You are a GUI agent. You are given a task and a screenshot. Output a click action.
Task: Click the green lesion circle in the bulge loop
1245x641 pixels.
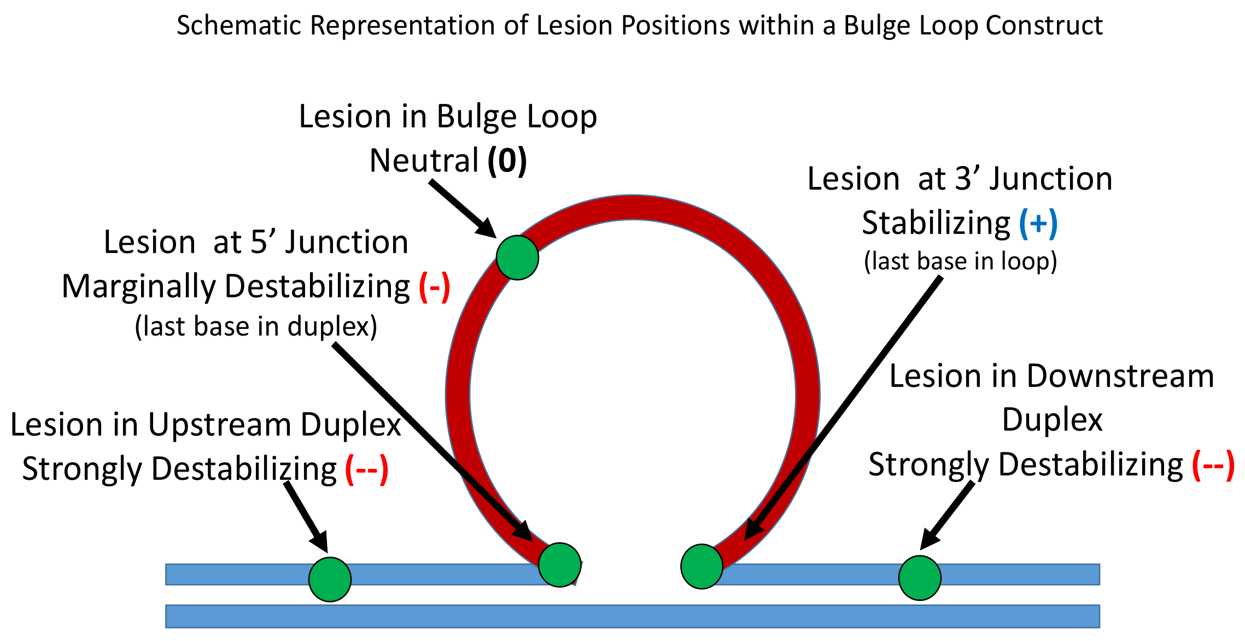click(x=517, y=257)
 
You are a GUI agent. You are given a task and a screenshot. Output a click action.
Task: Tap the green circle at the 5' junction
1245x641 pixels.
click(x=559, y=565)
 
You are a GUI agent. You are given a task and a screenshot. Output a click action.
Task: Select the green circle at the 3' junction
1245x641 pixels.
click(x=702, y=567)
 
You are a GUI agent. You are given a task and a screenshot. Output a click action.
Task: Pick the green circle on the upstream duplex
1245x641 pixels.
click(x=330, y=579)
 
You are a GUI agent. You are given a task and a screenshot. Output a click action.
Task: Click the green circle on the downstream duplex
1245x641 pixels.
click(x=920, y=578)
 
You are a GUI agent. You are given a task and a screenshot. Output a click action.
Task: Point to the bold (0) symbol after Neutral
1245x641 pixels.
click(x=507, y=161)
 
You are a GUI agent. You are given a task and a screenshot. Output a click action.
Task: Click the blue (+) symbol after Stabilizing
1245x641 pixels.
click(x=1038, y=224)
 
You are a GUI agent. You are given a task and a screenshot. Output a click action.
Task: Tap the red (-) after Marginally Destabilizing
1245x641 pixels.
click(x=435, y=287)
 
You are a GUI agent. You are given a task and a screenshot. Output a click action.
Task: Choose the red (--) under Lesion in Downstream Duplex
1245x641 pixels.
click(x=1213, y=465)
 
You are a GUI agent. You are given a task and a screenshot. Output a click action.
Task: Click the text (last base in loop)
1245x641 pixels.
click(x=960, y=261)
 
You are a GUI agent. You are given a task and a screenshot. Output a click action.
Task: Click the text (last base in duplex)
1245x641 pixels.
click(x=256, y=327)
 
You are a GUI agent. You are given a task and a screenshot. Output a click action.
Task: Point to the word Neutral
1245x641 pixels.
click(x=424, y=161)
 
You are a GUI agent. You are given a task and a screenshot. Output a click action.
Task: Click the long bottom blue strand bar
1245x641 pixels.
click(x=632, y=616)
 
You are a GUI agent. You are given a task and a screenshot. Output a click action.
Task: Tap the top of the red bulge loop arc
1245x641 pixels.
click(x=633, y=207)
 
